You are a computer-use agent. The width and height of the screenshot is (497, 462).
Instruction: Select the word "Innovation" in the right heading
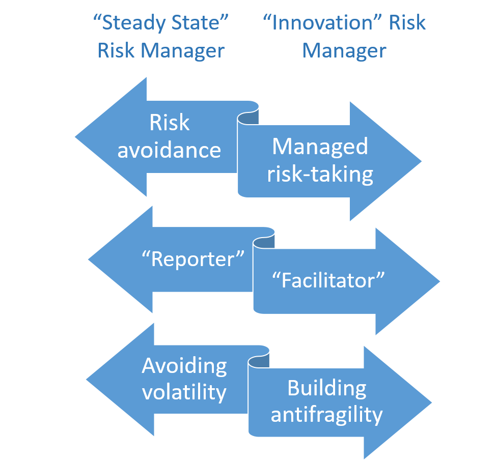[x=323, y=23]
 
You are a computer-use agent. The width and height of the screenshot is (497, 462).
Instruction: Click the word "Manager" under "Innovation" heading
[x=344, y=51]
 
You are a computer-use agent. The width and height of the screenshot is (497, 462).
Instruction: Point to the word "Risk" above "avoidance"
[x=170, y=123]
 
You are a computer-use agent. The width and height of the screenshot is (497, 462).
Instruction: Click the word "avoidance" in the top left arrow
[x=170, y=150]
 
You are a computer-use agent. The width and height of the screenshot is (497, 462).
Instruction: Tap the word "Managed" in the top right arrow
[x=320, y=147]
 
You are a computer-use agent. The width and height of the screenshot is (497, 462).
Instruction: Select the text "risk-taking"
[x=320, y=174]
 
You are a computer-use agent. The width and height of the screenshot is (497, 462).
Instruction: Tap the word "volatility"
[x=184, y=392]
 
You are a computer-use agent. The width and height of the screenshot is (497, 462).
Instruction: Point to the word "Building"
[x=326, y=388]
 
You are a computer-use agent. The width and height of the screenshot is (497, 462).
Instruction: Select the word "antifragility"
[x=326, y=415]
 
